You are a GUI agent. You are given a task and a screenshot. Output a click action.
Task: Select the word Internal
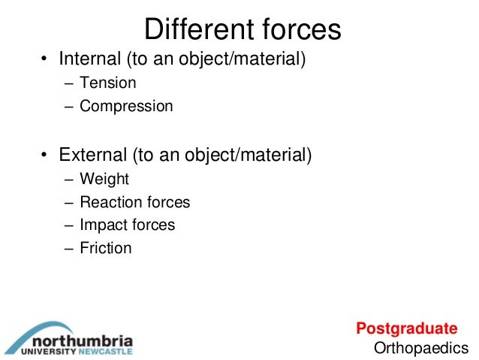coord(89,59)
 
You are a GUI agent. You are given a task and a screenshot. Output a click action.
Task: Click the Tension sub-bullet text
coord(107,83)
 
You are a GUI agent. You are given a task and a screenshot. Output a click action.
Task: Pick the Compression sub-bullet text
coord(126,106)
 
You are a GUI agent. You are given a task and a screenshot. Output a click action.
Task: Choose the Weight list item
coord(104,180)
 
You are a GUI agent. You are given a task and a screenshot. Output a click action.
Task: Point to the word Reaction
coord(108,202)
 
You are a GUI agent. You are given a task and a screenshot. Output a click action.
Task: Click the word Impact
coord(101,225)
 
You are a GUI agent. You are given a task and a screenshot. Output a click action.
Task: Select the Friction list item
coord(105,247)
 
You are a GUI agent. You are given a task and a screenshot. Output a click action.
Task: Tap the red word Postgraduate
coord(406,328)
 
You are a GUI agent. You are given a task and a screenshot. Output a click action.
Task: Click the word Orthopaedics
coord(420,347)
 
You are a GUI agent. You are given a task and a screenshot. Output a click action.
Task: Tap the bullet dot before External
coord(44,157)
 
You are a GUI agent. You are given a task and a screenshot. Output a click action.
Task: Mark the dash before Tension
coord(68,83)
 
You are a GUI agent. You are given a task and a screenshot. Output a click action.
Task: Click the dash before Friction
coord(68,248)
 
